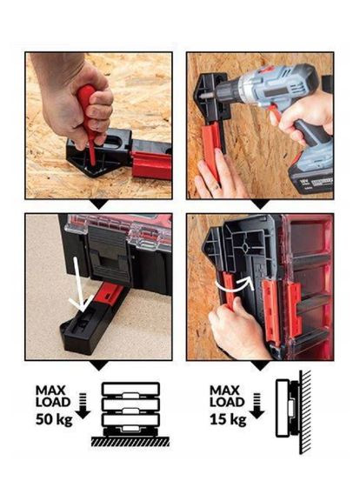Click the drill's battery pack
coord(310,175)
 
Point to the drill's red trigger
coord(275,113)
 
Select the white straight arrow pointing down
coord(78,284)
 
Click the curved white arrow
coord(235,284)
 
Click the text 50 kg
coord(54,420)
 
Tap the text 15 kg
coord(228,420)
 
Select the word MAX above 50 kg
coord(50,391)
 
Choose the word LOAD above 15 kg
coord(227,402)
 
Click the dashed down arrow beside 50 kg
coord(83,405)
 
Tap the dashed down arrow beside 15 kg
coord(257,405)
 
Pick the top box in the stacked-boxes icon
coord(130,390)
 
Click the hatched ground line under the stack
coord(130,441)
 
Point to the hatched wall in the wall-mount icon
coord(305,412)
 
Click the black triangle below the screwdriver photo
coord(99,204)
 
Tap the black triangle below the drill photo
coord(260,204)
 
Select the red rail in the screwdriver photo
coord(151,164)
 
